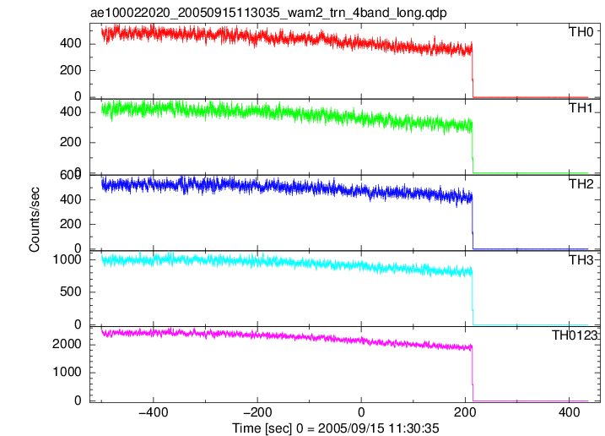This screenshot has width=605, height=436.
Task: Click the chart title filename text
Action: (268, 13)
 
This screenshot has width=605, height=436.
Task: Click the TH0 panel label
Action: (581, 32)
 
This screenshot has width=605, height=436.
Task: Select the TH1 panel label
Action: (581, 108)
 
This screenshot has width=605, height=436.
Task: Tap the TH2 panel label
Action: (581, 184)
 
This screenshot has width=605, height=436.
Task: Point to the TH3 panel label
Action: (581, 260)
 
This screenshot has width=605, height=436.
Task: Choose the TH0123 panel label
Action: (574, 335)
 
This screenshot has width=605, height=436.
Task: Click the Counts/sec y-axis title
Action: (35, 220)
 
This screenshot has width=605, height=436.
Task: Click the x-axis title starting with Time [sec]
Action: (335, 428)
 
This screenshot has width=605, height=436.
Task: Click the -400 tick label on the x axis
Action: (154, 412)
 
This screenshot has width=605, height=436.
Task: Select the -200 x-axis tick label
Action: (257, 412)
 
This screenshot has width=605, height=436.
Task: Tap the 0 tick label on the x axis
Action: (361, 412)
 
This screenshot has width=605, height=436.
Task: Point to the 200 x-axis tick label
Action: (465, 412)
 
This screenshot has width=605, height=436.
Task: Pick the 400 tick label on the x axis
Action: (569, 412)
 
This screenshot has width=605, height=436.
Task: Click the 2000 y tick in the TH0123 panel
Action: (67, 344)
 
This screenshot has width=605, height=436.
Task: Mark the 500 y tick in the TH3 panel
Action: (71, 292)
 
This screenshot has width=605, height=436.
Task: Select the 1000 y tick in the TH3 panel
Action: (67, 259)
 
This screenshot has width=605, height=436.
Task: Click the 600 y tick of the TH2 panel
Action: (71, 175)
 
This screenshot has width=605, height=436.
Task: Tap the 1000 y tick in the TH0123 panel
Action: (67, 373)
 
